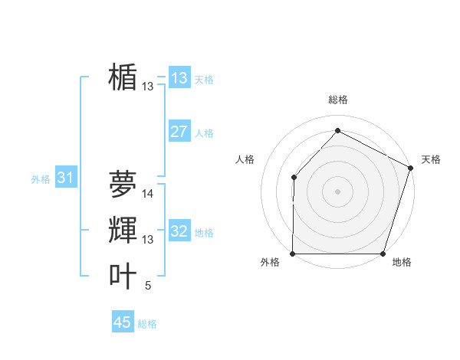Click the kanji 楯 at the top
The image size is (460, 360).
123,77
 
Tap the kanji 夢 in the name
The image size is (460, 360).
123,184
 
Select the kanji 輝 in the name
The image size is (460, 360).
123,231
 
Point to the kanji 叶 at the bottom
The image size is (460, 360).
123,277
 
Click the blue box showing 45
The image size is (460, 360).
123,322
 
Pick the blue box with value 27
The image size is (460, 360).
179,132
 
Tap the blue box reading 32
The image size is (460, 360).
179,231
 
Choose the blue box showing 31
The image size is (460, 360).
65,178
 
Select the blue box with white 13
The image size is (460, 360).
179,78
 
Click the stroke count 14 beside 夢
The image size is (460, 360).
148,194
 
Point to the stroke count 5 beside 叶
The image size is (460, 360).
148,286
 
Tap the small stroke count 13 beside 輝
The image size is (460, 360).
148,240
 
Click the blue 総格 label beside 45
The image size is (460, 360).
147,324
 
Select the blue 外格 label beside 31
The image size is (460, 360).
41,179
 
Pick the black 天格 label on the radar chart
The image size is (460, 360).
431,159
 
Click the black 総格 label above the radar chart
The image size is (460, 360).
338,100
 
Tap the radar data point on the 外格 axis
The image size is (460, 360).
293,254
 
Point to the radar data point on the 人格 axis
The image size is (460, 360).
294,178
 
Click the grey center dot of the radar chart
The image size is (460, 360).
337,191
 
